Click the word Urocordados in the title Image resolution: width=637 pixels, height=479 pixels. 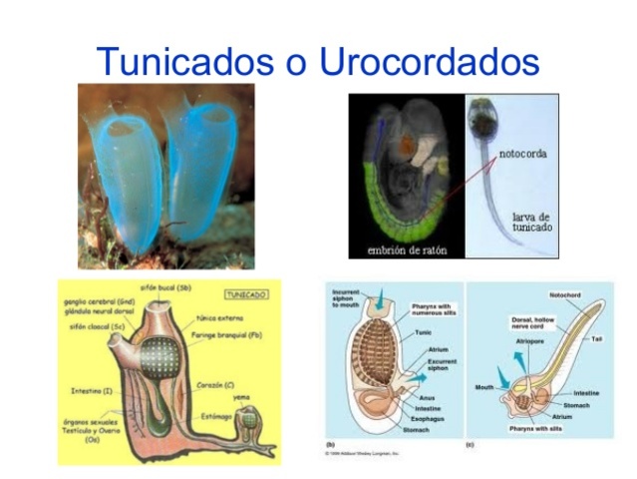(430, 61)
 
